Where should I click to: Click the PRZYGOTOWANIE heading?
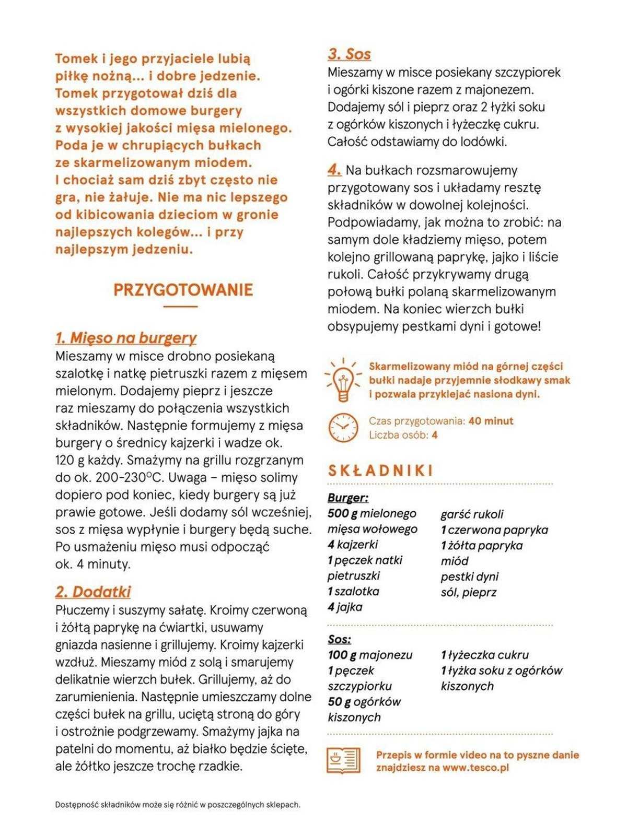tap(183, 290)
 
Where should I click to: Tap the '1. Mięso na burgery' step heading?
tap(126, 338)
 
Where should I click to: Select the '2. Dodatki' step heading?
tap(93, 592)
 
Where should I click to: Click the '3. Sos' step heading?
tap(349, 54)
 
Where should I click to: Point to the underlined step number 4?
tap(334, 170)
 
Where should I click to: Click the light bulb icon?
tap(343, 380)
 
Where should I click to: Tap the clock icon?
tap(343, 428)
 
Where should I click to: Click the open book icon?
tap(343, 760)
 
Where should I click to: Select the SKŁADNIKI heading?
tap(381, 471)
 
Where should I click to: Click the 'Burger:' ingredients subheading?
tap(348, 498)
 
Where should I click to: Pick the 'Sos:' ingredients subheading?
tap(340, 639)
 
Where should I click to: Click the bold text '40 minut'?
tap(491, 421)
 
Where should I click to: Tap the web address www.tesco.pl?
tap(475, 768)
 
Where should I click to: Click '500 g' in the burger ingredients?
tap(342, 513)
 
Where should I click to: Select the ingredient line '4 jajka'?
tap(345, 607)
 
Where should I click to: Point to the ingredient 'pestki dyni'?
tap(469, 577)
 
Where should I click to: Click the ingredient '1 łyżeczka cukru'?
tap(484, 655)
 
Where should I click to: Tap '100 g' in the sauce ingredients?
tap(342, 655)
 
